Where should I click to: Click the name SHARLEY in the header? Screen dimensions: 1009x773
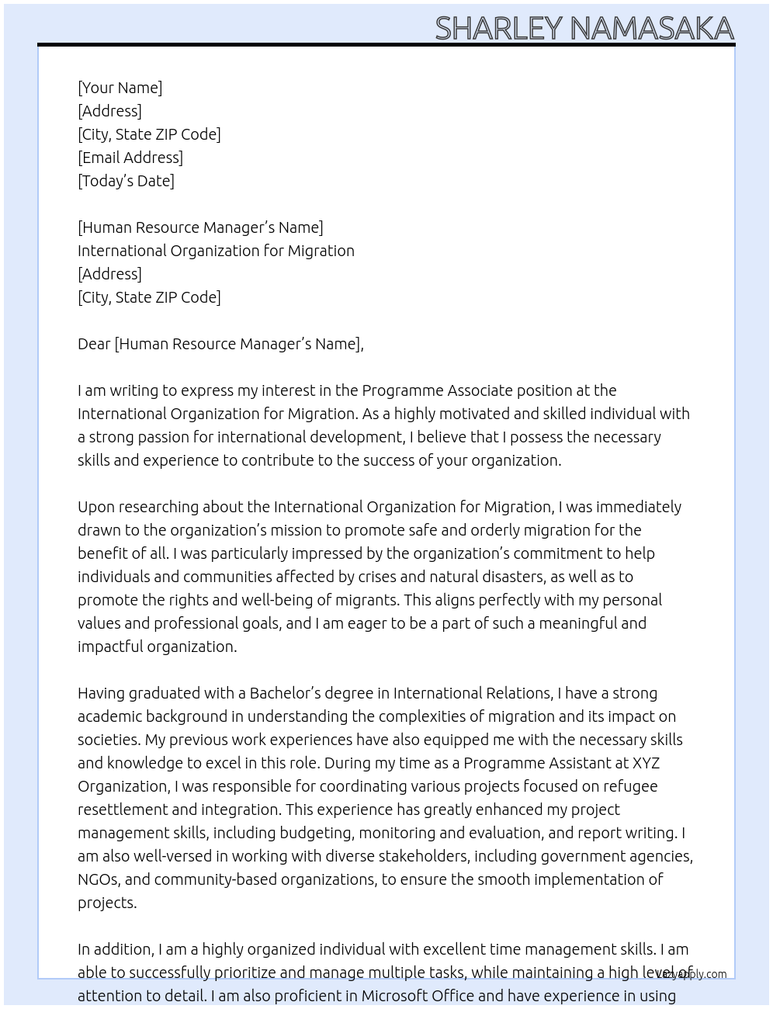click(498, 29)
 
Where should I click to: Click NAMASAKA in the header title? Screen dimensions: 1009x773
click(652, 29)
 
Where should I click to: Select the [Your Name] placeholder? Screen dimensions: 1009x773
click(120, 88)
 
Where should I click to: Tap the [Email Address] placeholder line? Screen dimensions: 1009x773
click(130, 158)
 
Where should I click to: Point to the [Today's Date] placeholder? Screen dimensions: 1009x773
click(126, 181)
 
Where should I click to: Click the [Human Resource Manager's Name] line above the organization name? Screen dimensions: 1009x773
click(200, 227)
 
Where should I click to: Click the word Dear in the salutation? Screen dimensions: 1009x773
click(94, 344)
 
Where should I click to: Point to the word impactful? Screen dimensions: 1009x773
click(111, 647)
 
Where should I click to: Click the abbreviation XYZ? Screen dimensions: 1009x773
click(646, 763)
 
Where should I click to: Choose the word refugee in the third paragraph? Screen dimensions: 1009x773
click(629, 786)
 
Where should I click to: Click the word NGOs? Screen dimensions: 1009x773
click(98, 879)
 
